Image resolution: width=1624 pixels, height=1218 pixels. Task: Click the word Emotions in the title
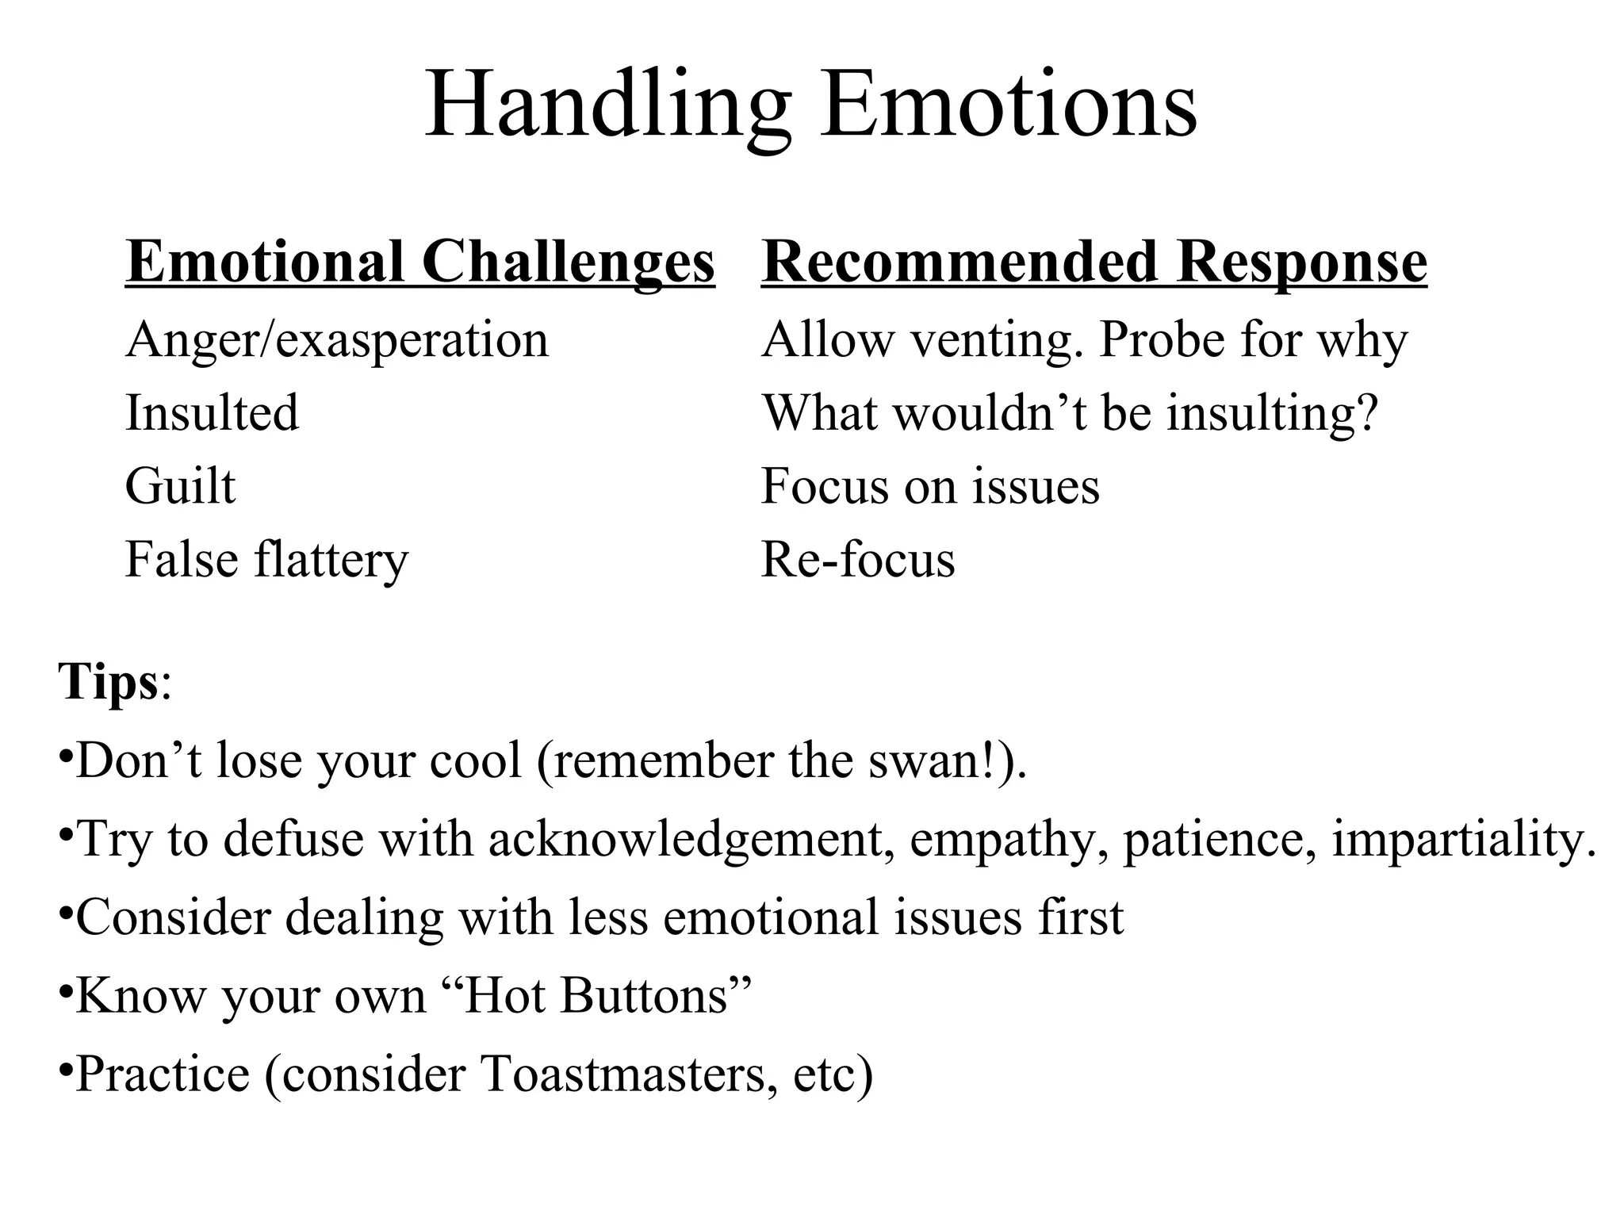(x=1009, y=105)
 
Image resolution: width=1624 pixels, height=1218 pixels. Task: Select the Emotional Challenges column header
(x=419, y=262)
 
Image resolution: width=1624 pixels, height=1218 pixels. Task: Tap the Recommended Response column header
(x=1094, y=262)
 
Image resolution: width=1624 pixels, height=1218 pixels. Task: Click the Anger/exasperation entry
(x=337, y=340)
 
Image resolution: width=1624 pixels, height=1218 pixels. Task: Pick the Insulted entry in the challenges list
(x=212, y=413)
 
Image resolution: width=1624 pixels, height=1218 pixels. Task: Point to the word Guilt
(x=180, y=486)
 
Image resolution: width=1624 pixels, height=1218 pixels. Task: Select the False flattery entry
(x=266, y=560)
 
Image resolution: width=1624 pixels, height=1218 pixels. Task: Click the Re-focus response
(x=858, y=560)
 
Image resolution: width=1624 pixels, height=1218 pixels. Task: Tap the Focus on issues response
(x=930, y=486)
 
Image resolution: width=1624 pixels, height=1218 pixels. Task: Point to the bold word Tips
(x=109, y=681)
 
